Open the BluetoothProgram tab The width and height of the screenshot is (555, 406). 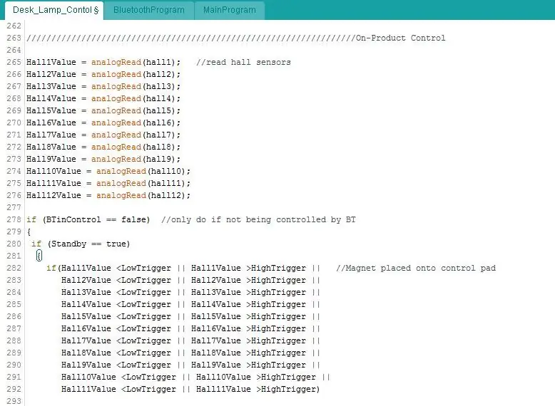coord(148,10)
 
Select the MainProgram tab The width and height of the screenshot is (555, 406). coord(230,10)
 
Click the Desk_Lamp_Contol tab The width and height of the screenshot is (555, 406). coord(54,10)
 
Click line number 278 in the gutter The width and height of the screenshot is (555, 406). coord(14,219)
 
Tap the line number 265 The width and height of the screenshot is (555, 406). coord(14,62)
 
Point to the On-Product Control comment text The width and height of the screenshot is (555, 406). coord(400,38)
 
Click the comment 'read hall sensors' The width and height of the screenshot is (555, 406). coord(248,62)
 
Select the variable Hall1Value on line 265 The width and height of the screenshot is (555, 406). coord(51,62)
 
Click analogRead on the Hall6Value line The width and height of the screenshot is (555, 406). coord(116,123)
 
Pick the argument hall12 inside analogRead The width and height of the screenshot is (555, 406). coord(166,195)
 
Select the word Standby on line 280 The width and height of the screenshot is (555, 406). coord(68,244)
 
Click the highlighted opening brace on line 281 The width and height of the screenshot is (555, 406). coord(39,256)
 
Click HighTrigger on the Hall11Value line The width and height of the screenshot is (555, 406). coord(288,389)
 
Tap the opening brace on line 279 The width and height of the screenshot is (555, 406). coord(29,231)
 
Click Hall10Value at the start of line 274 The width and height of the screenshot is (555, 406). coord(54,171)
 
